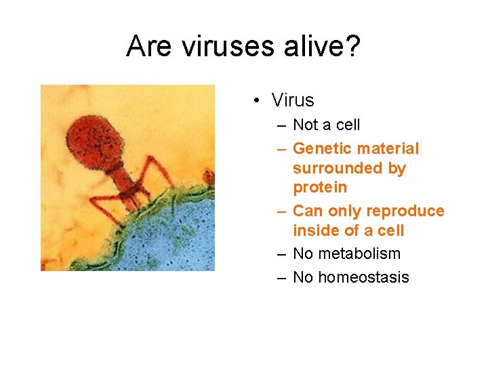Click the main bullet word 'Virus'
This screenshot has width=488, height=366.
(x=293, y=100)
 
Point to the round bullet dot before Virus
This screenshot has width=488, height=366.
(x=258, y=101)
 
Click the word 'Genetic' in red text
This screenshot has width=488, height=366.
(x=323, y=148)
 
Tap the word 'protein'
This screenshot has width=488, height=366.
(x=320, y=186)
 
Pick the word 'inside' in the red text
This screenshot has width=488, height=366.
(x=316, y=230)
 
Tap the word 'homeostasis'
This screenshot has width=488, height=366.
(x=363, y=277)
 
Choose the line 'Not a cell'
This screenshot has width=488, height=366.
(x=326, y=125)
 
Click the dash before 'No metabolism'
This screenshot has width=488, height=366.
(x=281, y=253)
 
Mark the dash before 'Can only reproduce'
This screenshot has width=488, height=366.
(x=281, y=211)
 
